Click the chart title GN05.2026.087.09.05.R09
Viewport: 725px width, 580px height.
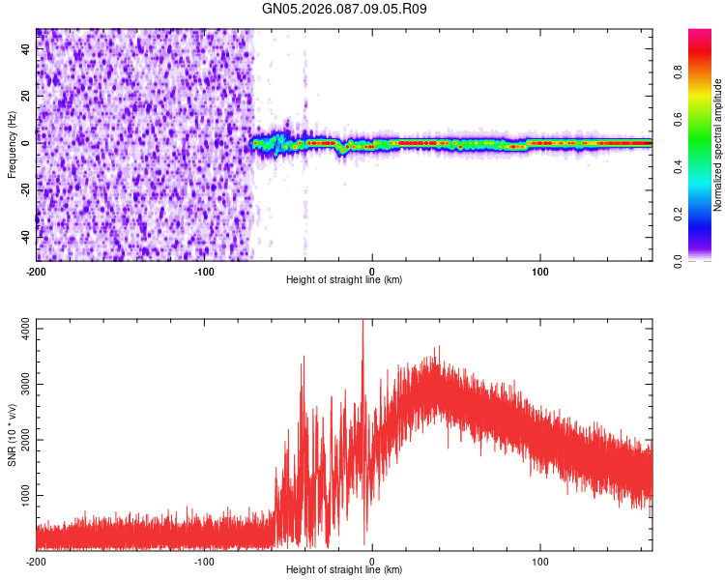(x=344, y=9)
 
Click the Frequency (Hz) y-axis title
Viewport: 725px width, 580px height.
(x=12, y=144)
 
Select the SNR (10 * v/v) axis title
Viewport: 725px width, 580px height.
(x=12, y=435)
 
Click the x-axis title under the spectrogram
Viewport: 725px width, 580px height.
(x=344, y=279)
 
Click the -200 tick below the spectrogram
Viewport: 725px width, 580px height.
(x=37, y=271)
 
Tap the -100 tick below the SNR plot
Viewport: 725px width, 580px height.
(x=205, y=561)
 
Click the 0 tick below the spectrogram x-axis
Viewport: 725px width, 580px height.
(x=373, y=271)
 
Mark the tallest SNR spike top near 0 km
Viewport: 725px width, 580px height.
(x=363, y=322)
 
